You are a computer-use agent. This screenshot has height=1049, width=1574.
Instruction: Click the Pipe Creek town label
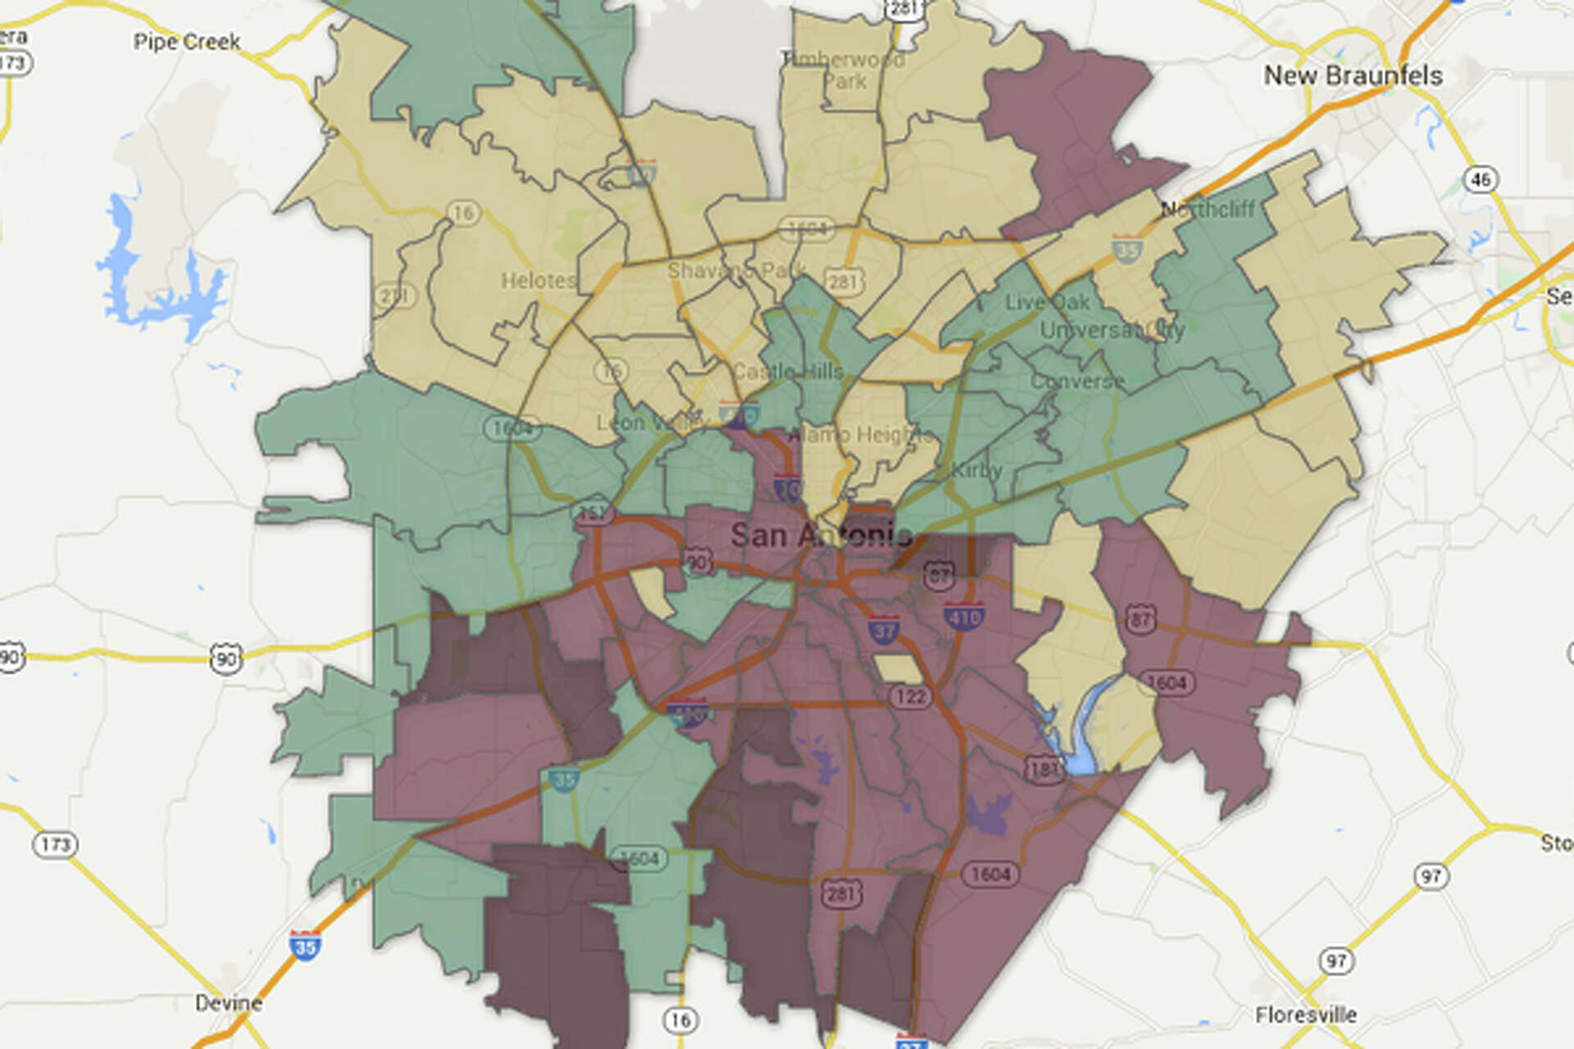(x=187, y=42)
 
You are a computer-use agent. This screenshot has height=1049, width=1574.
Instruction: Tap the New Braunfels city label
(x=1353, y=76)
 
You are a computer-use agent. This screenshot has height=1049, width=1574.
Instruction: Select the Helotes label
(x=538, y=281)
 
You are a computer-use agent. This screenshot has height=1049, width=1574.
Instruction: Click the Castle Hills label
(x=788, y=372)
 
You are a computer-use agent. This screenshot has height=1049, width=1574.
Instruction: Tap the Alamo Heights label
(x=861, y=434)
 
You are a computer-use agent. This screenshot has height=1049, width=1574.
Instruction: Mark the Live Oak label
(x=1048, y=302)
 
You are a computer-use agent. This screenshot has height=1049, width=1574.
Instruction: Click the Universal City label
(x=1112, y=330)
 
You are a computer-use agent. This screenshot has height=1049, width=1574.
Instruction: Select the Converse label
(x=1077, y=382)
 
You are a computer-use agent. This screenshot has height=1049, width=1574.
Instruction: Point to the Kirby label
(x=976, y=470)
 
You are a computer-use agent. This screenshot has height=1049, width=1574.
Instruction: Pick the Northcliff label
(x=1208, y=210)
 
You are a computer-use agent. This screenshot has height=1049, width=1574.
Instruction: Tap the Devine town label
(x=229, y=1003)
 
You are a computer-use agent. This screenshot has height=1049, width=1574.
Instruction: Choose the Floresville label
(x=1306, y=1015)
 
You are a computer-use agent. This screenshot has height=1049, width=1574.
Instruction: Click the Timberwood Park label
(x=844, y=70)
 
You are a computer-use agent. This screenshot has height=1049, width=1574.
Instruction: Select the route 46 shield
(x=1481, y=179)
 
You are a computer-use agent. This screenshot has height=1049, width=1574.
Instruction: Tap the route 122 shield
(x=910, y=697)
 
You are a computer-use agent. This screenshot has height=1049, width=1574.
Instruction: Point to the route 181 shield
(x=1044, y=769)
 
